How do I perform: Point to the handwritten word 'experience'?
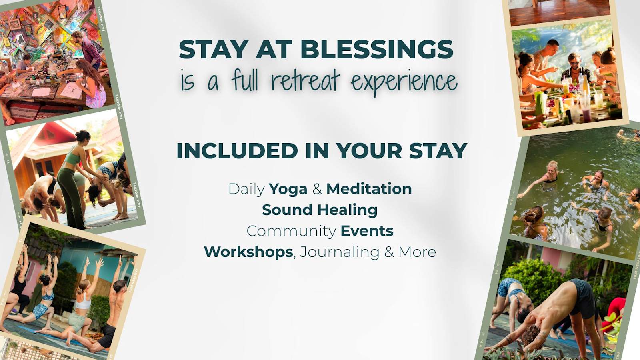click(x=404, y=82)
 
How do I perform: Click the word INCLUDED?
click(x=238, y=150)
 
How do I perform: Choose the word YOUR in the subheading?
click(x=369, y=150)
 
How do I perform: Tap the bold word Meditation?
click(x=369, y=189)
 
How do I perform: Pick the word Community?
click(x=292, y=232)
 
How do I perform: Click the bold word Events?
click(x=367, y=231)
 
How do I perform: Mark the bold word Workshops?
click(x=249, y=252)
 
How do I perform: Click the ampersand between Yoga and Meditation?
click(x=317, y=189)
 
